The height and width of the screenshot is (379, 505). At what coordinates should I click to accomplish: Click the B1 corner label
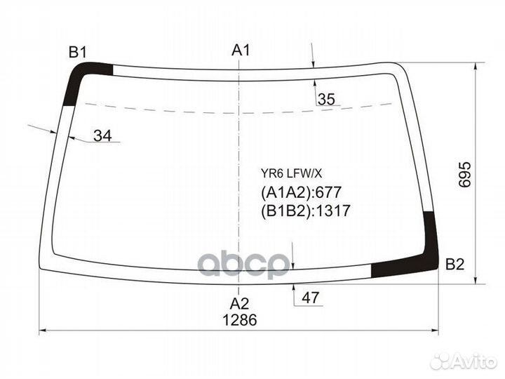[78, 52]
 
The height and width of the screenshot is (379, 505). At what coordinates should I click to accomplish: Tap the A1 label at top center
[241, 50]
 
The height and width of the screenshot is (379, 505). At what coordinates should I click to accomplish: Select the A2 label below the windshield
[239, 304]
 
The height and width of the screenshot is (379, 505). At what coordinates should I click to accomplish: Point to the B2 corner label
[454, 265]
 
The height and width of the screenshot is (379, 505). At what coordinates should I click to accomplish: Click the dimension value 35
[326, 99]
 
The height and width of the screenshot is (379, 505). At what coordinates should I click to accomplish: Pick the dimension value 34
[102, 135]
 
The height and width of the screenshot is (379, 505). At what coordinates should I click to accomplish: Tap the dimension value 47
[310, 298]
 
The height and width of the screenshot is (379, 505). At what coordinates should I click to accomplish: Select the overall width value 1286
[240, 320]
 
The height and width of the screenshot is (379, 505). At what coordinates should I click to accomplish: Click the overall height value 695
[465, 175]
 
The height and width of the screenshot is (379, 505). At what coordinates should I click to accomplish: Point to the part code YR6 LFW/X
[291, 174]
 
